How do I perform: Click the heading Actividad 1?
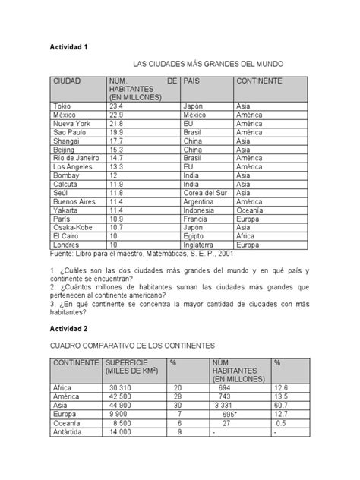click(70, 47)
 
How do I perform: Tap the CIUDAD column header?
click(67, 81)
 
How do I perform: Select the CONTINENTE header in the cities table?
click(259, 81)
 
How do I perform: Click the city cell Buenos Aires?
click(74, 201)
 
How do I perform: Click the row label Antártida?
click(69, 431)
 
